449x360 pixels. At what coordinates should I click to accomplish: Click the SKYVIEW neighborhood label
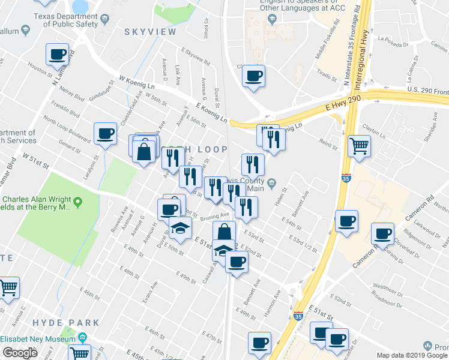(149, 31)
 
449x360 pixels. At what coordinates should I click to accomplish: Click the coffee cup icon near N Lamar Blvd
(58, 55)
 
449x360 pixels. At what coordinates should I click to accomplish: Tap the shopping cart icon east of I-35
(359, 146)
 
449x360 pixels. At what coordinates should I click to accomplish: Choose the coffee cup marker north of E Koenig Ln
(253, 76)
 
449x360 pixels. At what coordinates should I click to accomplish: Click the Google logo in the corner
(20, 353)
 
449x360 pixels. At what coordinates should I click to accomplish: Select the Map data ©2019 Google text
(412, 355)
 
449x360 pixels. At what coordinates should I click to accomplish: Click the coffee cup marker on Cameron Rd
(382, 233)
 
